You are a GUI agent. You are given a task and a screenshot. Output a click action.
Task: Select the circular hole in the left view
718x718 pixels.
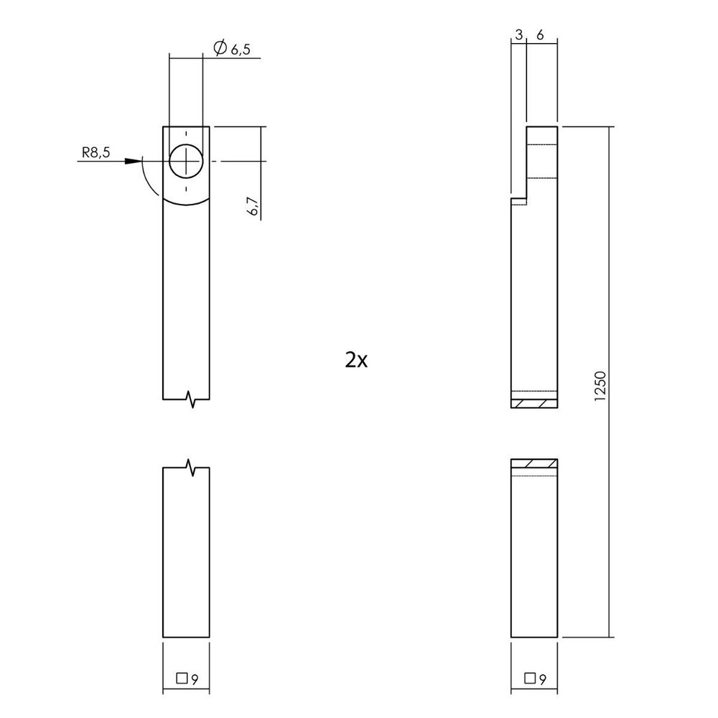click(186, 161)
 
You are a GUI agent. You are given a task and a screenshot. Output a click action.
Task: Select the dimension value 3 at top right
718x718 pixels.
click(518, 35)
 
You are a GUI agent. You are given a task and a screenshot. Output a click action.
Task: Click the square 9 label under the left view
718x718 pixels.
click(187, 677)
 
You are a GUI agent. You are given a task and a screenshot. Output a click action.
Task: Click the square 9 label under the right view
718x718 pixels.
click(534, 677)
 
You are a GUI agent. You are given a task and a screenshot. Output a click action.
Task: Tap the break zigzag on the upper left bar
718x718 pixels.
click(192, 398)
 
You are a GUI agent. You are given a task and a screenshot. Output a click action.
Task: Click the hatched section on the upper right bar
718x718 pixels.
click(533, 404)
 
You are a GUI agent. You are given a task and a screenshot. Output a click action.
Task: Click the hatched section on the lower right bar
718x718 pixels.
click(533, 463)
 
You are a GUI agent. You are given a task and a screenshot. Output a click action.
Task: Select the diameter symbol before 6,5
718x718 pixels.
click(220, 48)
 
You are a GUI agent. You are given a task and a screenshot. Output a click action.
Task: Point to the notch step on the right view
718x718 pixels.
click(519, 199)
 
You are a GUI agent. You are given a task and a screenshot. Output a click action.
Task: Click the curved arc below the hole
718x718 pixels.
click(186, 203)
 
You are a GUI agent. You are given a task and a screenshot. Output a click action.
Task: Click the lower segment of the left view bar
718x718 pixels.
click(186, 553)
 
